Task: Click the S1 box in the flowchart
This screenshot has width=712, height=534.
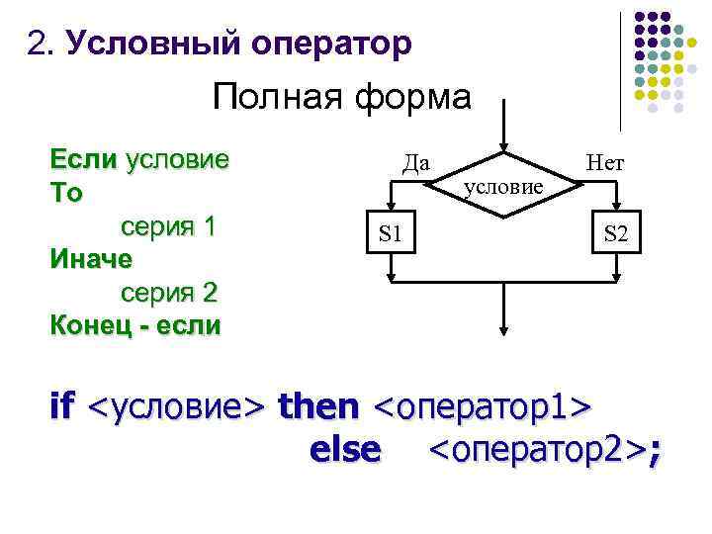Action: point(392,234)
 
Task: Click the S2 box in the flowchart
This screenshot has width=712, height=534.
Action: point(615,234)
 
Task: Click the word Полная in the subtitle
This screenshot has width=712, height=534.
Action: point(270,98)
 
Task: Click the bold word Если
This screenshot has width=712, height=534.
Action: point(83,159)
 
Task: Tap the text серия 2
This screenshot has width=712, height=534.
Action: point(168,293)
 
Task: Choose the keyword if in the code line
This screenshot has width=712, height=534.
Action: point(61,405)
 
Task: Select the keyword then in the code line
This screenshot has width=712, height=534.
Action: point(319,405)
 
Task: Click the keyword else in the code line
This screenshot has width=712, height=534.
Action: point(344,450)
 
